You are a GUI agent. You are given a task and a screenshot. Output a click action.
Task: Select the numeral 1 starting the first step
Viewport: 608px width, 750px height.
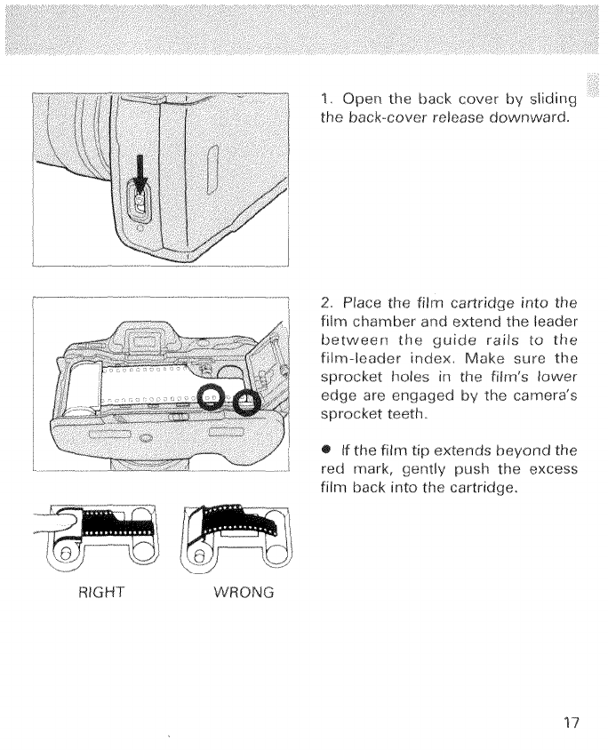[323, 97]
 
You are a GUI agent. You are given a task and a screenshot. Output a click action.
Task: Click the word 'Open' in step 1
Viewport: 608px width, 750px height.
[363, 98]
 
